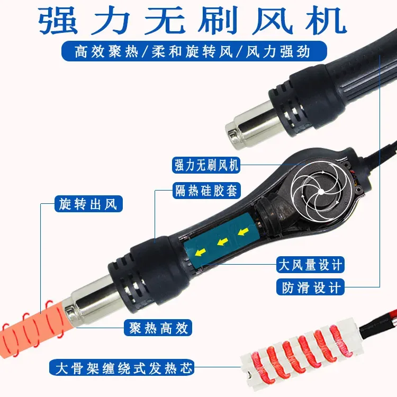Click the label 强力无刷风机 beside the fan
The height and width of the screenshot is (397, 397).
[x=206, y=165]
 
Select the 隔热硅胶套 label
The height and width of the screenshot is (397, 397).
[x=206, y=191]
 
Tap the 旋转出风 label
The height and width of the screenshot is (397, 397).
[x=88, y=204]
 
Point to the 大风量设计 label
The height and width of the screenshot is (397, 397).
[x=310, y=265]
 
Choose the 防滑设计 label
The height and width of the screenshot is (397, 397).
[x=310, y=287]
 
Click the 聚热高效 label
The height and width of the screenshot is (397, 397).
[x=158, y=328]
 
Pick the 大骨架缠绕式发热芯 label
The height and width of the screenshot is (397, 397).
[x=122, y=367]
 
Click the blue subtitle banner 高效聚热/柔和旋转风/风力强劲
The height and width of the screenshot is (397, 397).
[x=194, y=51]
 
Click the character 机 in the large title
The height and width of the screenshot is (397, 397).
[x=326, y=20]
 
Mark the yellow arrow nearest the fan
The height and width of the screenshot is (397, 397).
[x=243, y=231]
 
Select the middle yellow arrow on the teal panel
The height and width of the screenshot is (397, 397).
[x=222, y=242]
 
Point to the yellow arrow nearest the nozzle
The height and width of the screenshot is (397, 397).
[x=201, y=252]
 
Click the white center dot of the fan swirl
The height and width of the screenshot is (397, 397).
[x=321, y=192]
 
